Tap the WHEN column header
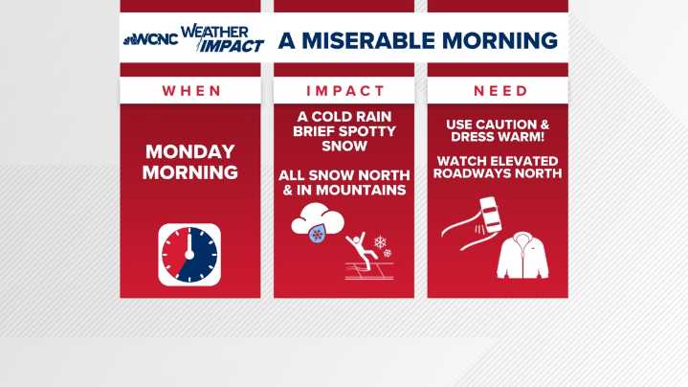click(x=189, y=91)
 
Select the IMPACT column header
click(x=344, y=91)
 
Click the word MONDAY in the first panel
click(x=189, y=152)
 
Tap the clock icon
click(x=189, y=255)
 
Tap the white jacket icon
click(x=522, y=256)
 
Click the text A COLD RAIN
click(x=344, y=117)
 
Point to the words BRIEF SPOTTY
click(x=344, y=131)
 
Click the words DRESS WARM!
click(x=497, y=138)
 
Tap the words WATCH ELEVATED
click(x=497, y=160)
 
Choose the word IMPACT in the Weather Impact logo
click(x=232, y=46)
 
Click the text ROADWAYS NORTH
click(x=497, y=174)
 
